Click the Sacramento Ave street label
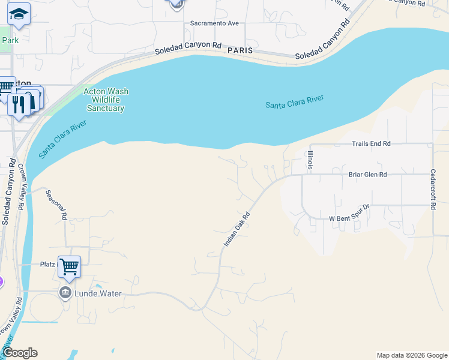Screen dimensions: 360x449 tap(214, 23)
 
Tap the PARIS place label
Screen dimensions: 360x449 tap(240, 51)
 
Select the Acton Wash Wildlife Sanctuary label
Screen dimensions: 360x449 tap(106, 100)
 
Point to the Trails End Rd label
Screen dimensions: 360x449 tap(370, 144)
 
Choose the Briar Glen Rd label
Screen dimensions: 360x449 tap(367, 175)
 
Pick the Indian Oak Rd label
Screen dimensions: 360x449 tap(237, 229)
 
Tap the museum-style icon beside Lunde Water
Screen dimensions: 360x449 tap(65, 293)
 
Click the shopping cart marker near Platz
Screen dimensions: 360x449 tap(70, 266)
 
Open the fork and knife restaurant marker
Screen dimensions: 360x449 tap(19, 103)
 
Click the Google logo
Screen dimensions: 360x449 tap(19, 353)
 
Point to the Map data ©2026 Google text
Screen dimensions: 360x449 tap(411, 355)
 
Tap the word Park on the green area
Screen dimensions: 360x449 tap(10, 40)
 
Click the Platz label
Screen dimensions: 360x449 tap(47, 264)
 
